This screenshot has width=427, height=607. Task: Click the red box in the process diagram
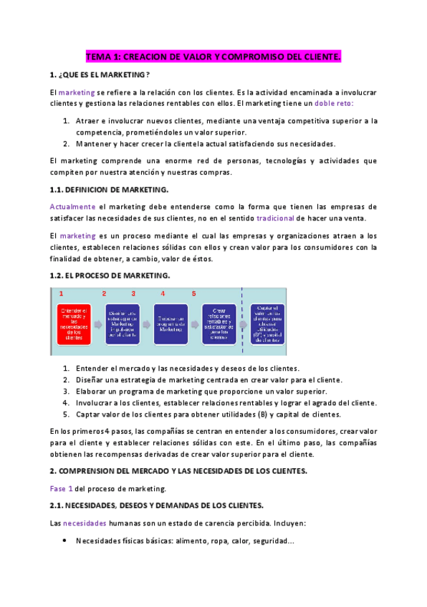tap(74, 324)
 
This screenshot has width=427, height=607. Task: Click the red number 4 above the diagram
tap(163, 293)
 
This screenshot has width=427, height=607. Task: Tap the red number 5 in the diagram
tap(193, 293)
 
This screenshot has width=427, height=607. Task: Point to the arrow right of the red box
tap(97, 324)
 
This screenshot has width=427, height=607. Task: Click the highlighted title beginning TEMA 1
tap(214, 56)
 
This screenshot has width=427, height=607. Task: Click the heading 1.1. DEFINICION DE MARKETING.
tap(109, 189)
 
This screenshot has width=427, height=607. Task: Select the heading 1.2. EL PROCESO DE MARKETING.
tap(110, 276)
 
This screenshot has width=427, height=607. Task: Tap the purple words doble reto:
tap(335, 103)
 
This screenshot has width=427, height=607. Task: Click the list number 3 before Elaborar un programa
tap(66, 392)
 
